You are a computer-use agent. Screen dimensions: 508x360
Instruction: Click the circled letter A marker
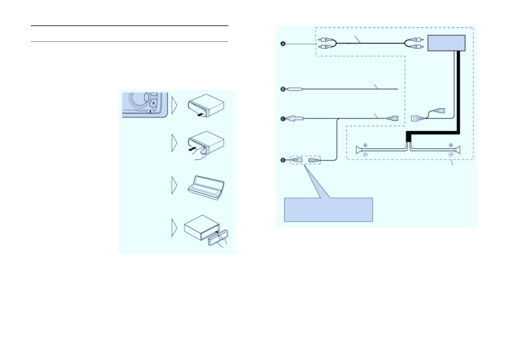tap(283, 44)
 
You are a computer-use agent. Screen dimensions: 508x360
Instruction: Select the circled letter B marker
tap(283, 89)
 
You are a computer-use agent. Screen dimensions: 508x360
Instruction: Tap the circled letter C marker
tap(283, 119)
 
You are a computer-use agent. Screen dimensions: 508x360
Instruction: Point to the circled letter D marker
tap(283, 160)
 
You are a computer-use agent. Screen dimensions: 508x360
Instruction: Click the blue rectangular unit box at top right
tap(446, 43)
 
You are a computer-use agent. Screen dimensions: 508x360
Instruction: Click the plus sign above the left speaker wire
tap(365, 145)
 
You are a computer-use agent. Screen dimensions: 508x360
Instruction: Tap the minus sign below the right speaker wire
tap(451, 155)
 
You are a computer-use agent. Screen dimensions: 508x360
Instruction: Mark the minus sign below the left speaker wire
tap(365, 155)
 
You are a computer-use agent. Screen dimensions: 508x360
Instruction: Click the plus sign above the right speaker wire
tap(451, 145)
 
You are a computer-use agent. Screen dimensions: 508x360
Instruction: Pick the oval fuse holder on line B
tap(295, 89)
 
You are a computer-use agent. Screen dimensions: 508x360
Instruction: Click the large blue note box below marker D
tap(328, 210)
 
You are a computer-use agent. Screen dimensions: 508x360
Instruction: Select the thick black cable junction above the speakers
tap(408, 137)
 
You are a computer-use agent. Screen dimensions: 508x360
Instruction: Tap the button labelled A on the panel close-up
tap(153, 103)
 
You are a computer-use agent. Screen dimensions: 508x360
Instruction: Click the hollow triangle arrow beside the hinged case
tap(174, 185)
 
